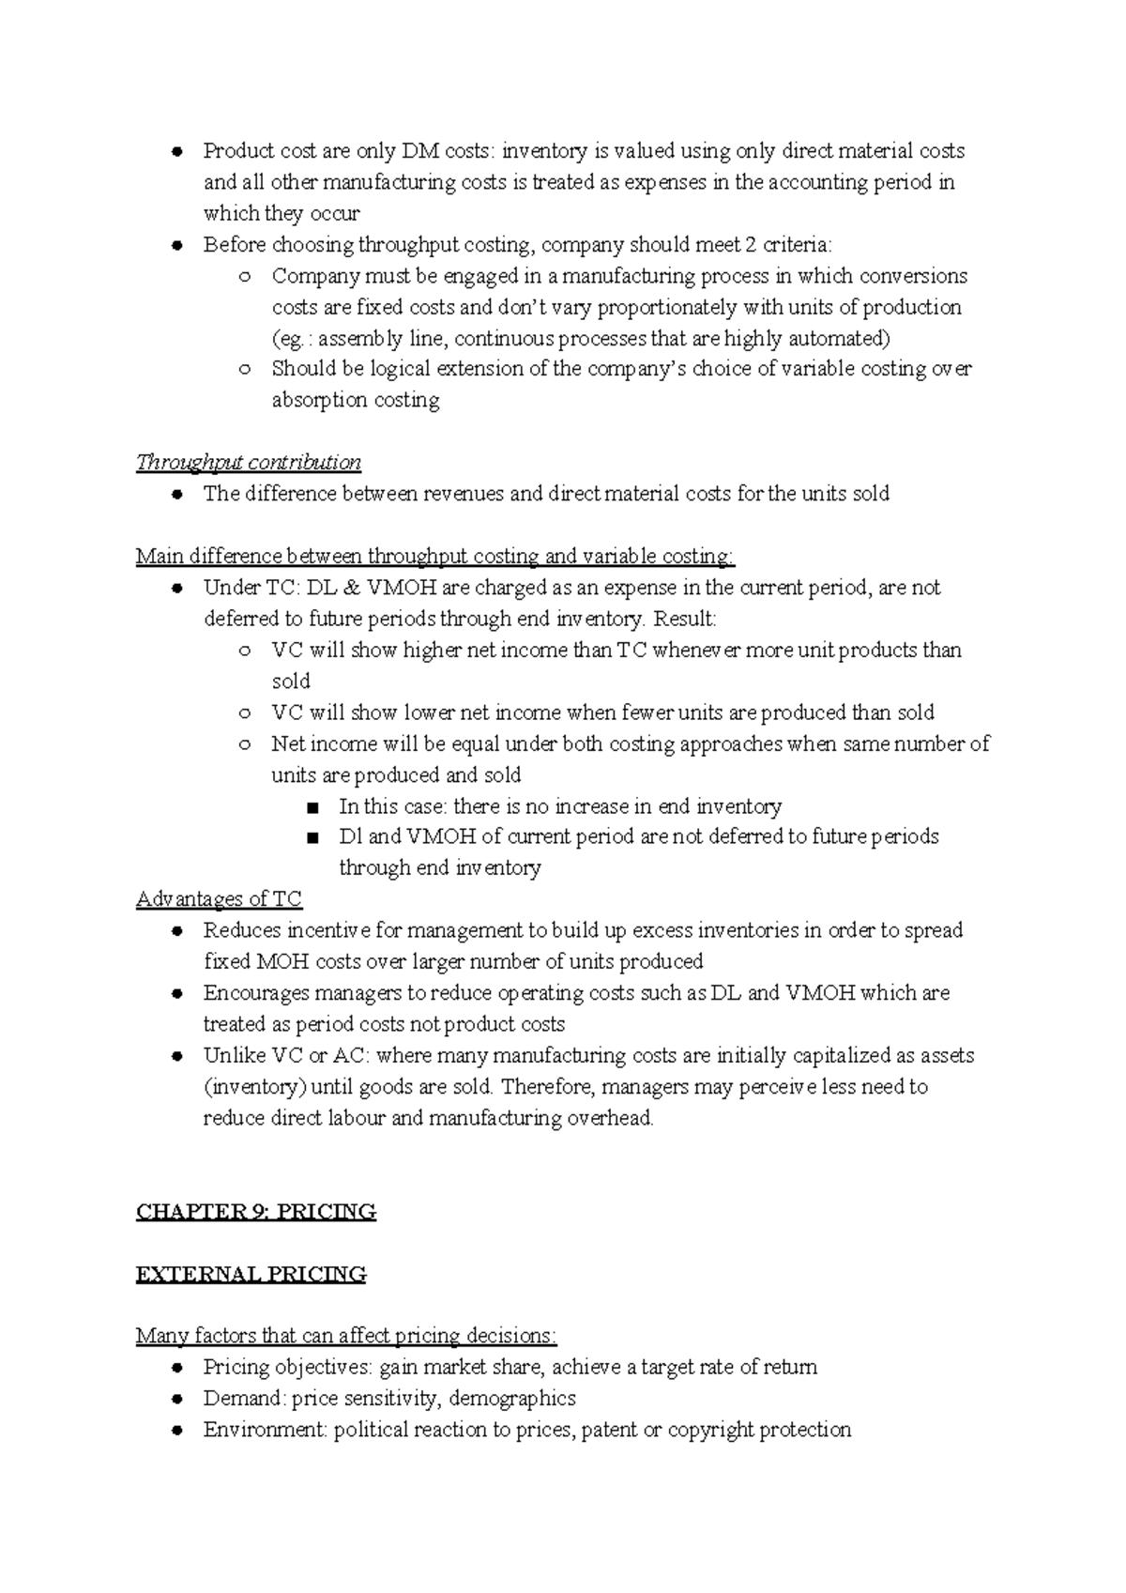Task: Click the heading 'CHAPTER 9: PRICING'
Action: pos(256,1212)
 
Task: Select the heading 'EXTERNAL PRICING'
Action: pos(251,1275)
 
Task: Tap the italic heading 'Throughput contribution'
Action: pos(249,463)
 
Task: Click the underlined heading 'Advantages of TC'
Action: pos(219,899)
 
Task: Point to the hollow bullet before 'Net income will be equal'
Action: pos(245,744)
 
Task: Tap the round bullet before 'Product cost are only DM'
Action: pos(177,152)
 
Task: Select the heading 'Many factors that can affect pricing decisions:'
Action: pos(346,1336)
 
